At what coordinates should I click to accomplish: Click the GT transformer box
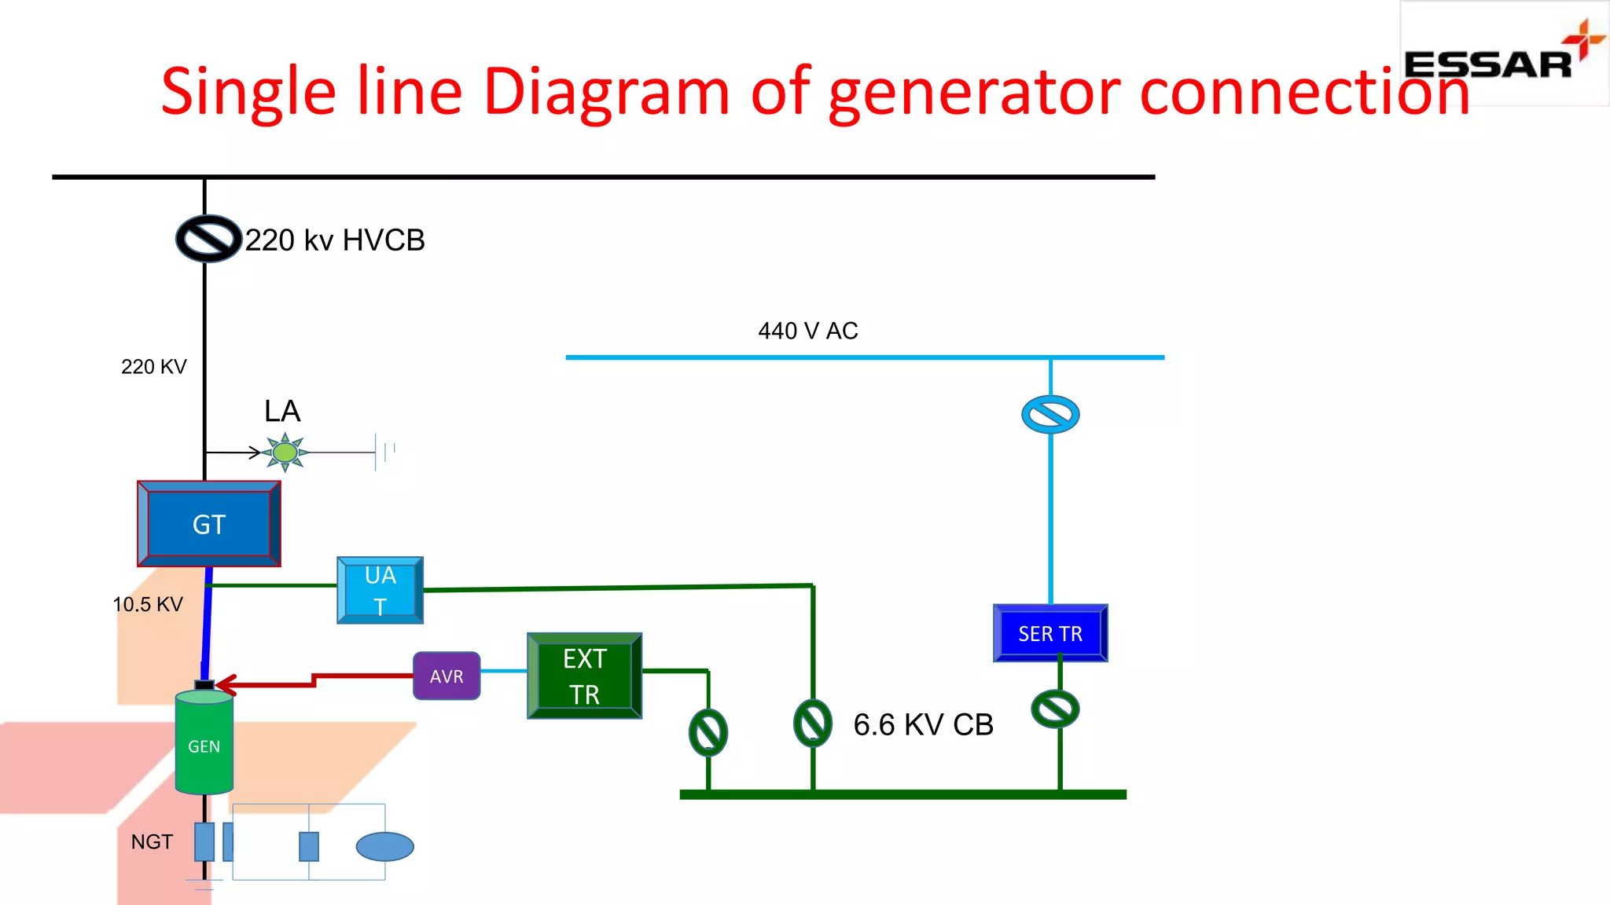tap(208, 524)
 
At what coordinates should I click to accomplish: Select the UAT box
tap(380, 590)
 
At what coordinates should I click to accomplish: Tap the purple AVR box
tap(447, 676)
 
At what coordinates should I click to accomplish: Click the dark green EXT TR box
tap(584, 676)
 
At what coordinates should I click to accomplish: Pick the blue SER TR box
tap(1050, 633)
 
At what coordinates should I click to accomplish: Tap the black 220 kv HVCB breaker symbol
tap(208, 238)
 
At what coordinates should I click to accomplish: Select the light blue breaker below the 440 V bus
tap(1050, 414)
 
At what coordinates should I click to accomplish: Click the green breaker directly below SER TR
tap(1056, 709)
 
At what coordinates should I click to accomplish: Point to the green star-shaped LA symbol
tap(285, 452)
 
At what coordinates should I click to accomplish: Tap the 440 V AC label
tap(807, 331)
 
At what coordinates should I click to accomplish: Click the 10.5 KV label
tap(148, 604)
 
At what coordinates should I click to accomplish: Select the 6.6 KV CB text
tap(923, 724)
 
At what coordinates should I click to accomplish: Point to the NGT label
tap(152, 842)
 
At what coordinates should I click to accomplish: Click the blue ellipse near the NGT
tap(384, 846)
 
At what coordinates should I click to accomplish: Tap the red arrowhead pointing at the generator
tap(225, 684)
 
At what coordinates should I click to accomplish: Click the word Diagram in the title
tap(606, 92)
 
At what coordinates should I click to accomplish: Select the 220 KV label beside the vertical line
tap(154, 367)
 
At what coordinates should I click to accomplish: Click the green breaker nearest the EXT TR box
tap(708, 732)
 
